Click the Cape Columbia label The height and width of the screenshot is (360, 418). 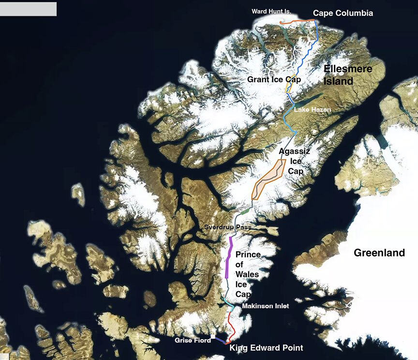pos(343,13)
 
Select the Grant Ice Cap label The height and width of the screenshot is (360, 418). pos(274,79)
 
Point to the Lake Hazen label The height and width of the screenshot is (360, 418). pos(313,110)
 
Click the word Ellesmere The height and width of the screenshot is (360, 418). pos(348,69)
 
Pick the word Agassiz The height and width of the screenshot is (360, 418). pos(295,151)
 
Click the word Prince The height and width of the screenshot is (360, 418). pos(248,255)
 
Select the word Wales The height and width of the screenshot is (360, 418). pos(247,274)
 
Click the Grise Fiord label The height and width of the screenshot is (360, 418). pos(193,341)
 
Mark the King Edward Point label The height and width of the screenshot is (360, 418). pos(266,348)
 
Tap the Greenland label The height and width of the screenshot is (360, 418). pos(379,253)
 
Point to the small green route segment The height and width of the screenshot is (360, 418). pos(244,211)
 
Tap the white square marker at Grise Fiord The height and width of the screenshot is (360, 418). pos(213,336)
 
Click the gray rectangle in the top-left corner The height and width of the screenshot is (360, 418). pos(28,9)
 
